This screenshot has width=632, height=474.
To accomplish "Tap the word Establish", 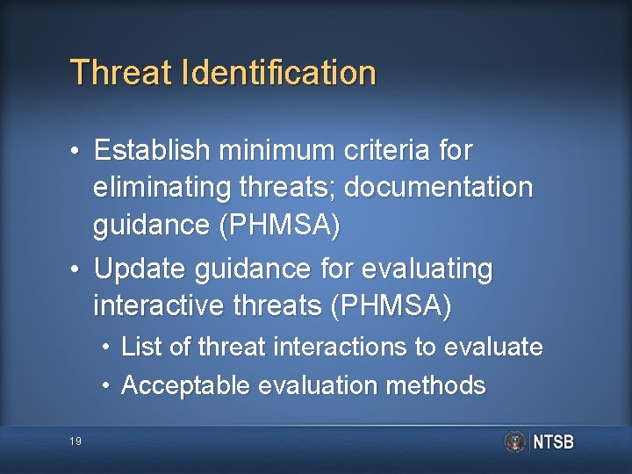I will (x=153, y=151).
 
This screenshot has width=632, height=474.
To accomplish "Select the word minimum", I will (x=276, y=151).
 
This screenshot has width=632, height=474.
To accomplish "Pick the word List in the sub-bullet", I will (x=140, y=348).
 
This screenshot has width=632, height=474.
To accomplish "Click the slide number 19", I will (x=75, y=442).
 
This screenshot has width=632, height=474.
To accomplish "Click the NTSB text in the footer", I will (x=553, y=442).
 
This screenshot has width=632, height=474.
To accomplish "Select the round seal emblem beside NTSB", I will (x=515, y=442).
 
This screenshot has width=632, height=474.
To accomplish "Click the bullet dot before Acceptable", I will (x=105, y=386).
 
